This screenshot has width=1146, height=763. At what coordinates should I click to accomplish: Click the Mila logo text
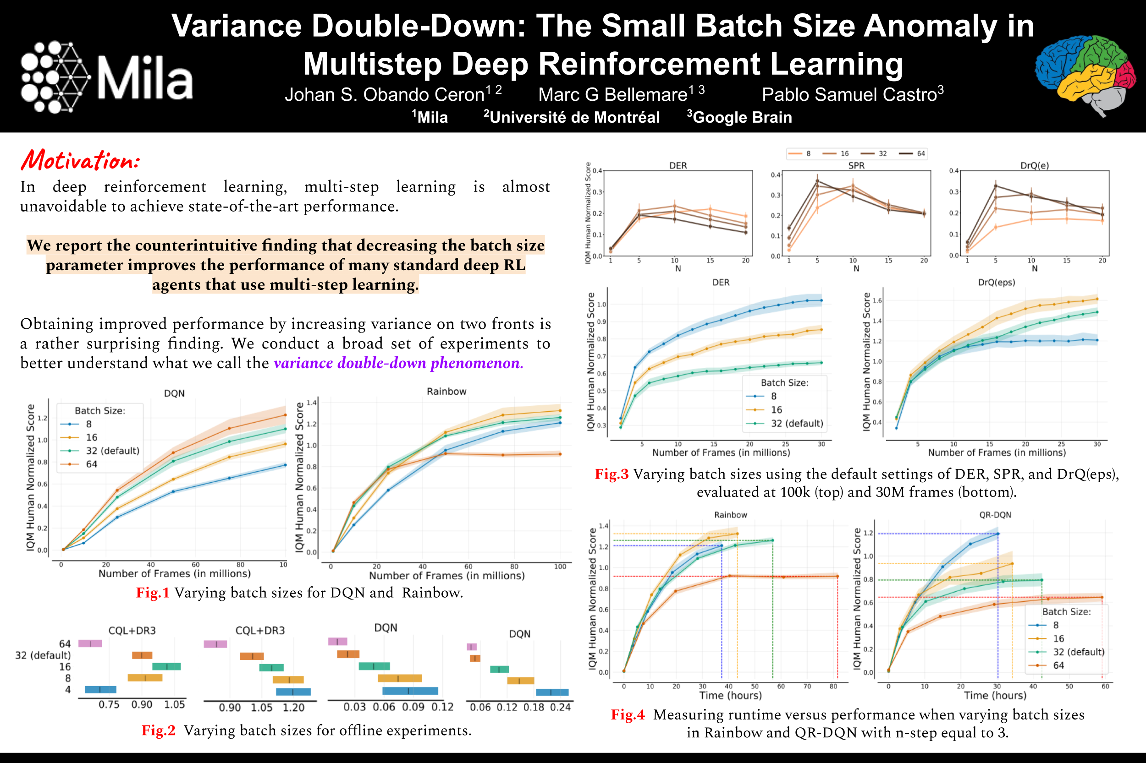(x=145, y=78)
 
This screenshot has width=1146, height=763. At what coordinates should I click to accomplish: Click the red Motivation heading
(x=80, y=160)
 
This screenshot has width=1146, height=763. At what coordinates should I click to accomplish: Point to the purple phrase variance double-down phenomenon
(x=398, y=363)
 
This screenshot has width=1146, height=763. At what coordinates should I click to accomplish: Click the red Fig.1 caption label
(x=153, y=593)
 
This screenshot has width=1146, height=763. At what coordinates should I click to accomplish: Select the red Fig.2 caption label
(x=158, y=730)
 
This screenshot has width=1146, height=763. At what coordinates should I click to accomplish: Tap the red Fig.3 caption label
(x=611, y=474)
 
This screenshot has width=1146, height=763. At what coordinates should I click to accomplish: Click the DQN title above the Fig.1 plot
(x=174, y=393)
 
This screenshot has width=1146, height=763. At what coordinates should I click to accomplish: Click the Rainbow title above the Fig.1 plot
(x=446, y=391)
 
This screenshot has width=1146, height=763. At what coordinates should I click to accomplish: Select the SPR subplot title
(x=856, y=165)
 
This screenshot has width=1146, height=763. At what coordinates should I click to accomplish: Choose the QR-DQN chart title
(x=995, y=515)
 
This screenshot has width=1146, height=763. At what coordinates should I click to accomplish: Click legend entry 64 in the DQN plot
(x=92, y=464)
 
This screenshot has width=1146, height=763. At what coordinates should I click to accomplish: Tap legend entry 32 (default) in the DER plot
(x=797, y=423)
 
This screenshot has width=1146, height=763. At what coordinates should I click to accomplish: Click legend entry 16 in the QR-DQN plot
(x=1058, y=638)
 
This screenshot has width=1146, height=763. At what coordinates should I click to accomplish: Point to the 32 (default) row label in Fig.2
(x=43, y=655)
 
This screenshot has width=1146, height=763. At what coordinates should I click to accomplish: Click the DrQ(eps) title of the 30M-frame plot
(x=997, y=282)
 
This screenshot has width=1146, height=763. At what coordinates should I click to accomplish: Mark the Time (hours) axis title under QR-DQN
(x=995, y=695)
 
